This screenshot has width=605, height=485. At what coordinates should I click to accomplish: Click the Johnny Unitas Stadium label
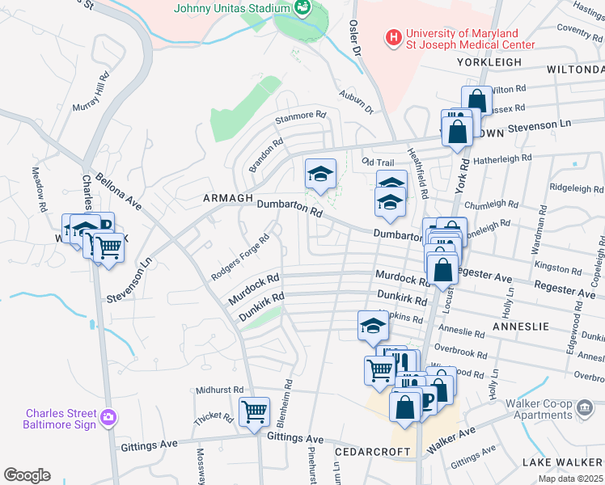231,8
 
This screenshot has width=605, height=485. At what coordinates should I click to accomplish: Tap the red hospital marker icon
393,37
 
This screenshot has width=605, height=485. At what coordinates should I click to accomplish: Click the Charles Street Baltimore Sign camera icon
108,418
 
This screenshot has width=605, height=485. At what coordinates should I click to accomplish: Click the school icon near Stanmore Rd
320,173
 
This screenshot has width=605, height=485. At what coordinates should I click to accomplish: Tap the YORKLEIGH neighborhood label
485,61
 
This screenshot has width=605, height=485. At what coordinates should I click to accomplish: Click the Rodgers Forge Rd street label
240,258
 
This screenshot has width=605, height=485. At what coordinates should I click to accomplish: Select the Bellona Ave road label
118,192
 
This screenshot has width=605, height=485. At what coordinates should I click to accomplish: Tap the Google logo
27,475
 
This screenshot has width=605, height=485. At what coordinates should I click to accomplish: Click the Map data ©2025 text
569,479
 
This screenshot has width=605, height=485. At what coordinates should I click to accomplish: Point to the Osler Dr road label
354,38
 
